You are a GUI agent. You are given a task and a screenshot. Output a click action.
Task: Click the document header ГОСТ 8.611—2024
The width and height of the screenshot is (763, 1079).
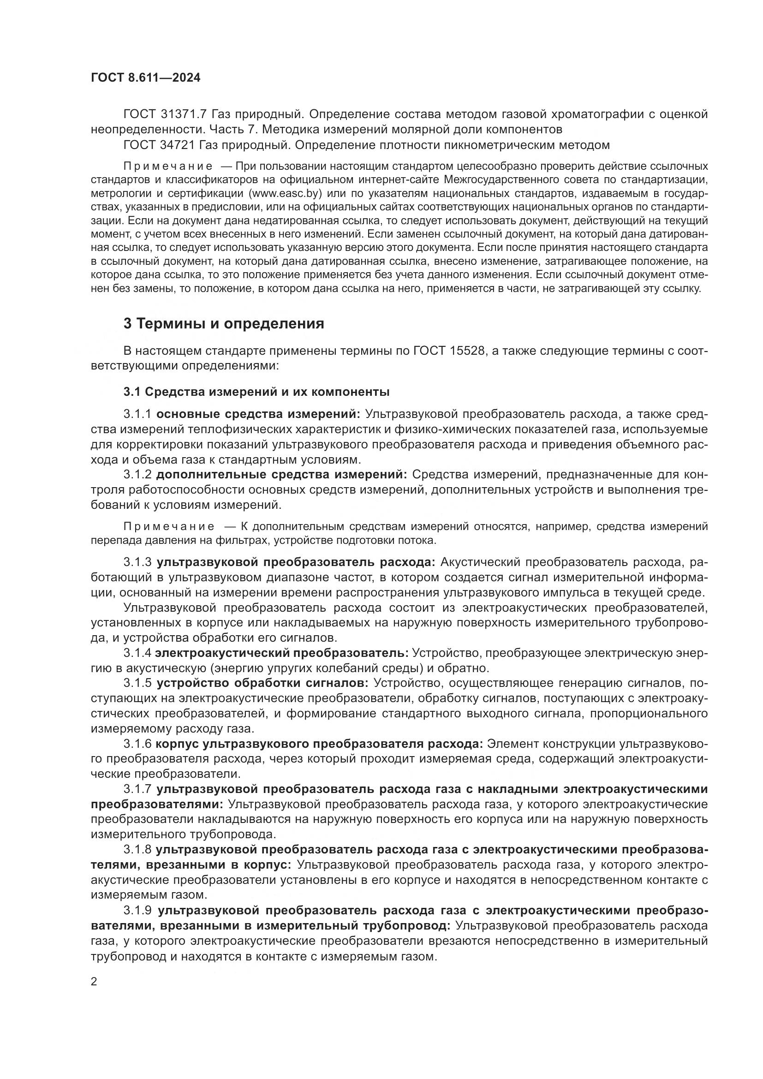pos(146,78)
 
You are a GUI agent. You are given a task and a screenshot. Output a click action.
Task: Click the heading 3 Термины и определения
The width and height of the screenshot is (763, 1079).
pos(224,324)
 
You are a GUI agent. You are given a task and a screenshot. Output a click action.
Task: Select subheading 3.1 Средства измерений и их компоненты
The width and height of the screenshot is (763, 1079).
pos(256,392)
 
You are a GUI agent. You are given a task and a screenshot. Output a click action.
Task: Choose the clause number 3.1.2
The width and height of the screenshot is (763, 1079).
pos(137,475)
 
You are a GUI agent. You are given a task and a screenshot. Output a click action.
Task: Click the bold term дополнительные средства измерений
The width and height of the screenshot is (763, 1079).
pos(281,475)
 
